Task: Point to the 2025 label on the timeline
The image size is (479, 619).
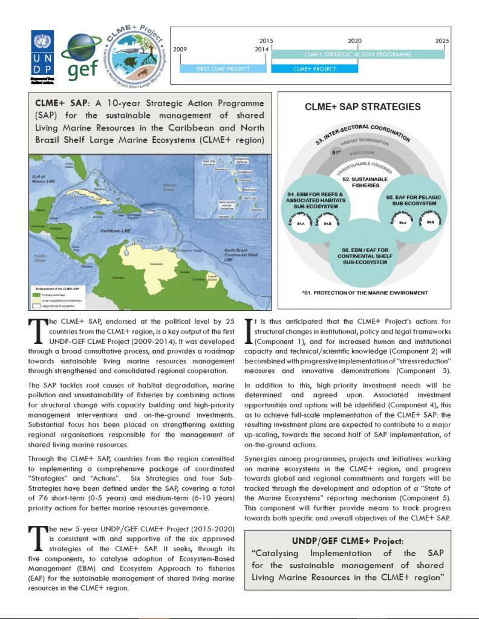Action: [x=442, y=41]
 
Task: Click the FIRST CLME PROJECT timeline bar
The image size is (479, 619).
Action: [x=223, y=69]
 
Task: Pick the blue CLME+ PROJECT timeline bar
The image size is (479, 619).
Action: [x=314, y=69]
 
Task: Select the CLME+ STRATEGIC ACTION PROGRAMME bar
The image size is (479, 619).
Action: [x=359, y=54]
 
